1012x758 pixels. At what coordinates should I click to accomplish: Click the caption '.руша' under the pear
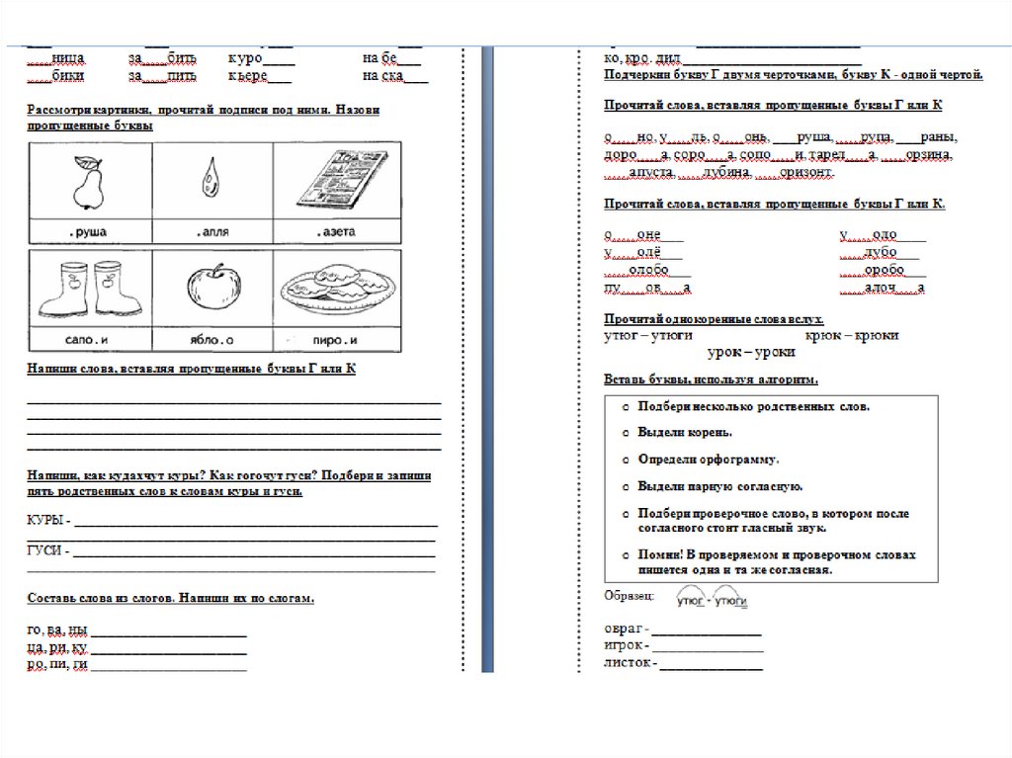[x=89, y=232]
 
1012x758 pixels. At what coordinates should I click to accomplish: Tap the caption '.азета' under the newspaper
[x=336, y=232]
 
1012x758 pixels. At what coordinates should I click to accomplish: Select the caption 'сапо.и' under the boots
[x=89, y=340]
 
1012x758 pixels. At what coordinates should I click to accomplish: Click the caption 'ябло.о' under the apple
[x=211, y=340]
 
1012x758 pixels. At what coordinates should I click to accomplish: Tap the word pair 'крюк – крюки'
[x=851, y=336]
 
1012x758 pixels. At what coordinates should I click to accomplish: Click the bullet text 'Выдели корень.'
[x=685, y=433]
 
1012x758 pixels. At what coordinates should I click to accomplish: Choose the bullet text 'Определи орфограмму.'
[x=708, y=460]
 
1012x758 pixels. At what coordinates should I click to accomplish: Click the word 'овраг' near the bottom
[x=624, y=629]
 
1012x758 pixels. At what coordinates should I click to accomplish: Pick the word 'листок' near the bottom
[x=627, y=662]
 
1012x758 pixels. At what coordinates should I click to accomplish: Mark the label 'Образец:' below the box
[x=629, y=596]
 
